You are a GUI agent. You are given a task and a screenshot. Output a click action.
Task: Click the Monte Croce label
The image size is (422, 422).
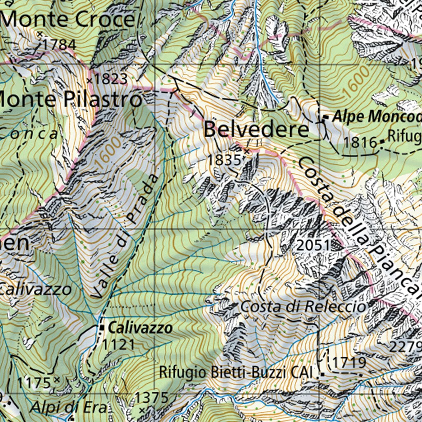(68, 19)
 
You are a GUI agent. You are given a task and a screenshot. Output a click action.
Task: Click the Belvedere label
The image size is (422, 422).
(256, 130)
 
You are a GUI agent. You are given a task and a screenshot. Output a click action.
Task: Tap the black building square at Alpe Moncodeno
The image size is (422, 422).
(326, 118)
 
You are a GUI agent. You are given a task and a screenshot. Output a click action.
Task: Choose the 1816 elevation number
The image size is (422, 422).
(361, 143)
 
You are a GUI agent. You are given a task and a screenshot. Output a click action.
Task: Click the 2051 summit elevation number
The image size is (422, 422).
(314, 246)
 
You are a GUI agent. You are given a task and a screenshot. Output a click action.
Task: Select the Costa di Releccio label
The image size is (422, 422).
(303, 306)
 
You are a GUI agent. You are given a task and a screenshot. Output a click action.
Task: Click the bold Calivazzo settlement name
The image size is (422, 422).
(140, 328)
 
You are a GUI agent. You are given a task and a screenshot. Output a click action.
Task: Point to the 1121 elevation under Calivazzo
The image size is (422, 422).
(119, 344)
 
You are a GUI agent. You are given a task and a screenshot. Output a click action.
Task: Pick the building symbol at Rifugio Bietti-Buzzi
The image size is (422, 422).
(321, 375)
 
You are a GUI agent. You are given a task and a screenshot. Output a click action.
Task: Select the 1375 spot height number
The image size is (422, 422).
(152, 398)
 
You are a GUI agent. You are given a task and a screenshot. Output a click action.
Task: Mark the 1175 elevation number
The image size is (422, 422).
(34, 383)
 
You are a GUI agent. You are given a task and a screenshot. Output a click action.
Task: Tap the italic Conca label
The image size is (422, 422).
(29, 134)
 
